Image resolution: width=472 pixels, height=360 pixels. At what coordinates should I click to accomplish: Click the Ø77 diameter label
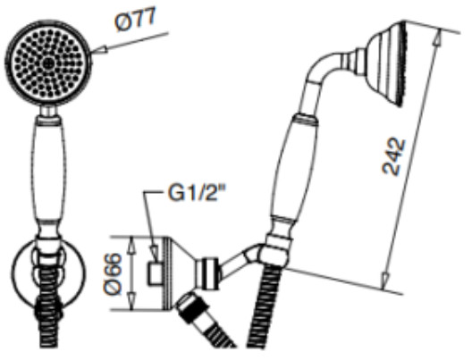[135, 21]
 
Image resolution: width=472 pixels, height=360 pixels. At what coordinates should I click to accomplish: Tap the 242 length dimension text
[394, 157]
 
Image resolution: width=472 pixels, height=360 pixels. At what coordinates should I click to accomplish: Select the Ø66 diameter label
[113, 273]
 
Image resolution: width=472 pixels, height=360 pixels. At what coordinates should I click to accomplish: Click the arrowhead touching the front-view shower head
[98, 51]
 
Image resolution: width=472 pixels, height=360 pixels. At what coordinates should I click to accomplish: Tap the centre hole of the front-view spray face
[48, 63]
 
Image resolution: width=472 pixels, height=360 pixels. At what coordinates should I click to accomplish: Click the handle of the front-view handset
[48, 174]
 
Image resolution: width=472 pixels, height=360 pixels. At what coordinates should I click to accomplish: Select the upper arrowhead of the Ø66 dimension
[131, 246]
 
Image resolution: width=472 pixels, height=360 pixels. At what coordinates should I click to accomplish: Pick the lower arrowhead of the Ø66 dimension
[131, 301]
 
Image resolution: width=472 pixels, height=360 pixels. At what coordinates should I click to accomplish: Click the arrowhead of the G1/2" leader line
[155, 253]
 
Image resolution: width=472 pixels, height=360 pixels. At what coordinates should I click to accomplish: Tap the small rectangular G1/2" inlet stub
[155, 273]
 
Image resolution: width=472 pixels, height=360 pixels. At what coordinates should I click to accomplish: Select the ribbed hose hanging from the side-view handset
[264, 306]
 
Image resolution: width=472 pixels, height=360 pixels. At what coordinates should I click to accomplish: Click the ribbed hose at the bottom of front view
[48, 313]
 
